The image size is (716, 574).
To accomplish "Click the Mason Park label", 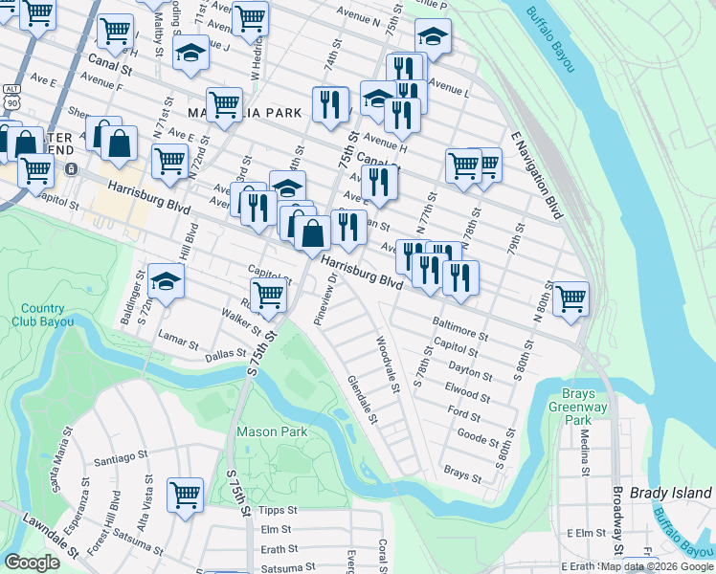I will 272,431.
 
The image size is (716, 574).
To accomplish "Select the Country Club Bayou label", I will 42,315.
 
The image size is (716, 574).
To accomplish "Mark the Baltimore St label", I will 460,329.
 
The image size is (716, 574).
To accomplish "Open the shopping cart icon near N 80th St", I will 571,298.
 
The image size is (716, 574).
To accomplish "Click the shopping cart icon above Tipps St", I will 186,495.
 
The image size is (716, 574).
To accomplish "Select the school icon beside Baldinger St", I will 166,282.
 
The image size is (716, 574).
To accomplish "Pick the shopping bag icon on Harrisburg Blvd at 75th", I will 312,232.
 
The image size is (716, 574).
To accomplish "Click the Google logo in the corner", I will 33,563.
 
